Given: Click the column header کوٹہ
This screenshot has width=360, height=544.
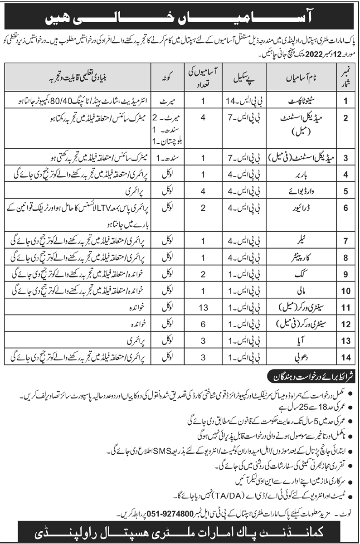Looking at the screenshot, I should (x=165, y=79).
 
